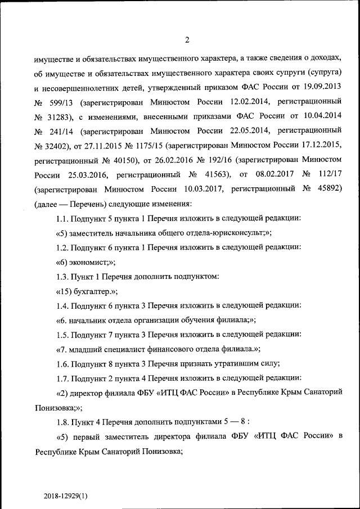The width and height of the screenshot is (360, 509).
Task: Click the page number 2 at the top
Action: (x=187, y=39)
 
